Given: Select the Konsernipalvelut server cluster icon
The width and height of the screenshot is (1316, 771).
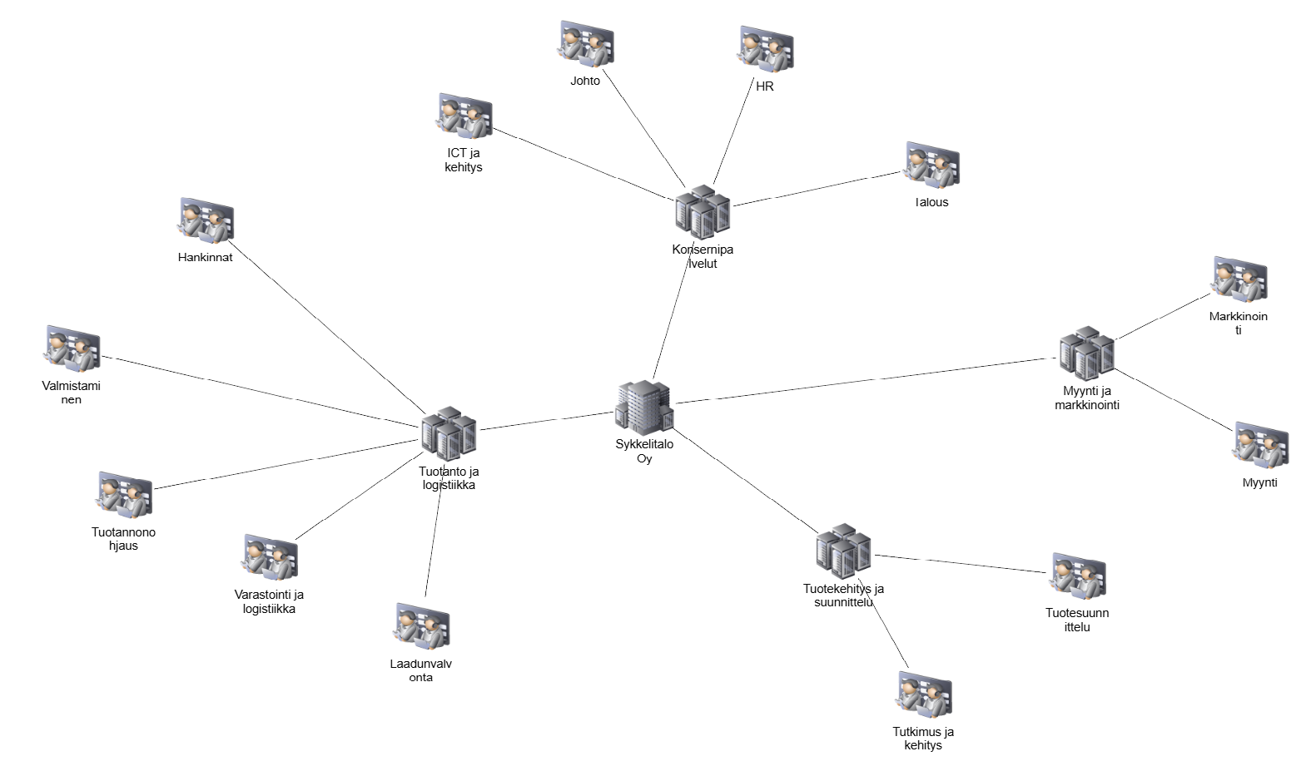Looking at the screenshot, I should (x=702, y=213).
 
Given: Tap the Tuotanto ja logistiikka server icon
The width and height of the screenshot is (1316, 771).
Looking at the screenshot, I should (x=448, y=433).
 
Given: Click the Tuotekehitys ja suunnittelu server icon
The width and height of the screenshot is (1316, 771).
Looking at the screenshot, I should (x=842, y=551).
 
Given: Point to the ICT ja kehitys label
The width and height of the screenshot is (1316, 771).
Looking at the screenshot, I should (x=463, y=160).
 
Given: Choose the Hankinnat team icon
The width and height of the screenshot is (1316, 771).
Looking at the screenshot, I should (x=206, y=222).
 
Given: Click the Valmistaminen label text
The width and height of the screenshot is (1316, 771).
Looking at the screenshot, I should (x=72, y=393).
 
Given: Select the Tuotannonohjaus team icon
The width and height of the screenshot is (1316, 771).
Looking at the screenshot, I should (x=124, y=496).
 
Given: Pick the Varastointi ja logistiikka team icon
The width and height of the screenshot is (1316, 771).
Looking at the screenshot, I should (x=270, y=557).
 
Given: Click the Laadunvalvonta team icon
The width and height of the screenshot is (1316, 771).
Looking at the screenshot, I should (x=421, y=626).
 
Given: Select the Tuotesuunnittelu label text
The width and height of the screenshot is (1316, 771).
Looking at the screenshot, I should (x=1077, y=620).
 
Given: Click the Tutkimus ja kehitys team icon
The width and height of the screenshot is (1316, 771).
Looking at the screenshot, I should (x=923, y=695).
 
